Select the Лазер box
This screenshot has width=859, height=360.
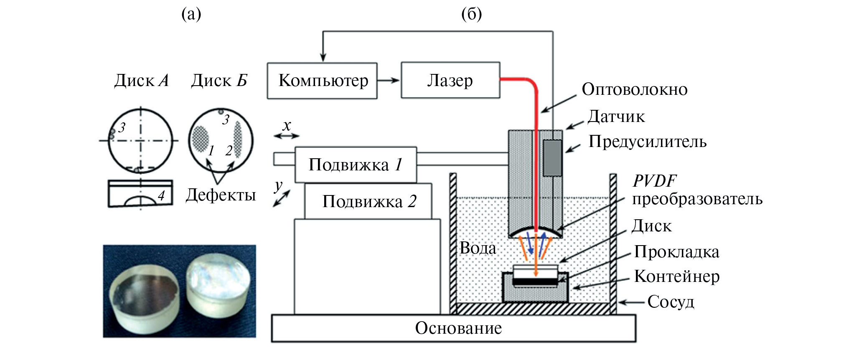(x=450, y=80)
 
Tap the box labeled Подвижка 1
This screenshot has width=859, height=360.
(x=356, y=165)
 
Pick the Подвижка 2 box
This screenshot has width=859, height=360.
(x=368, y=201)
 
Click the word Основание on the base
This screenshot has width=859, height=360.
(x=458, y=328)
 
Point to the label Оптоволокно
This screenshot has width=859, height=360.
(x=634, y=89)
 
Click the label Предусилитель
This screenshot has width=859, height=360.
(x=647, y=142)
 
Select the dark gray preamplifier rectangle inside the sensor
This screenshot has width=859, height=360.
(x=552, y=158)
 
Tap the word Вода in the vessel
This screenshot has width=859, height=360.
(x=478, y=248)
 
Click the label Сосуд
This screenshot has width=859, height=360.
(x=671, y=302)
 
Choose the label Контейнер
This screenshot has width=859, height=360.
(x=676, y=276)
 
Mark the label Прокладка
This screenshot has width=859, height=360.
(x=676, y=252)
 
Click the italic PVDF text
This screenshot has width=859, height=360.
(x=654, y=181)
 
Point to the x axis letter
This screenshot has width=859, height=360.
(x=287, y=126)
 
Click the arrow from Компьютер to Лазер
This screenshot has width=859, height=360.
(x=389, y=80)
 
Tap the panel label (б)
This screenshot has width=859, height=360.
(x=471, y=14)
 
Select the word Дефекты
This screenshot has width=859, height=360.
(x=221, y=195)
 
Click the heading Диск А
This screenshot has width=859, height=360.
(x=141, y=80)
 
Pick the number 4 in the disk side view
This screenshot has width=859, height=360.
(x=161, y=195)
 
